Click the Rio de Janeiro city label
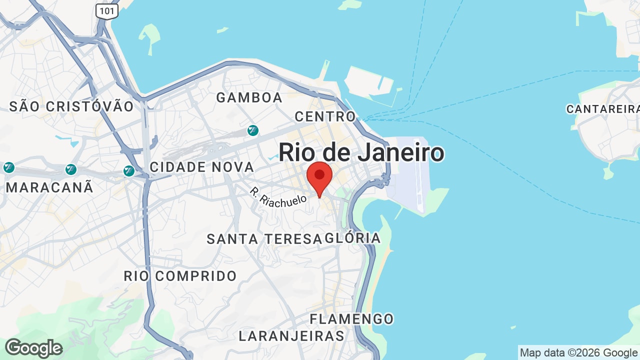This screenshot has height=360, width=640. pos(361,152)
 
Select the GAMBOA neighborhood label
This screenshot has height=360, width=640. pos(249,97)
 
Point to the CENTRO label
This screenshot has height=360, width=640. pos(325,116)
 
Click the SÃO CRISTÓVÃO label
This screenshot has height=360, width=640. pos(71,106)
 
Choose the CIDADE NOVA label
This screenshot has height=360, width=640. pos(202,167)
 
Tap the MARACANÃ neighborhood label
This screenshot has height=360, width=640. pos(49,187)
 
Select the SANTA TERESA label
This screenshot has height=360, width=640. pos(264,239)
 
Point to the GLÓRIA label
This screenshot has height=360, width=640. pos(353,238)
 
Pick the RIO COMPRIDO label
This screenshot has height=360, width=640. pos(180,275)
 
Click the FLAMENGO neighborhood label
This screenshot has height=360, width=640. pos(351,318)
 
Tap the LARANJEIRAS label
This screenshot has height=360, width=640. pos(291,335)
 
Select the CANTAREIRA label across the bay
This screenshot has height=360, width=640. pos(602,109)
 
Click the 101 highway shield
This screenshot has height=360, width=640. pos(107,11)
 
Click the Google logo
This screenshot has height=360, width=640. pos(33,348)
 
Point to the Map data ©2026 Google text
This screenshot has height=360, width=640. pos(578,353)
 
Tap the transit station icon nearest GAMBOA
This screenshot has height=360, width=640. pos(253,130)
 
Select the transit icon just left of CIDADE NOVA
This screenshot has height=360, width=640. pos(129,171)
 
